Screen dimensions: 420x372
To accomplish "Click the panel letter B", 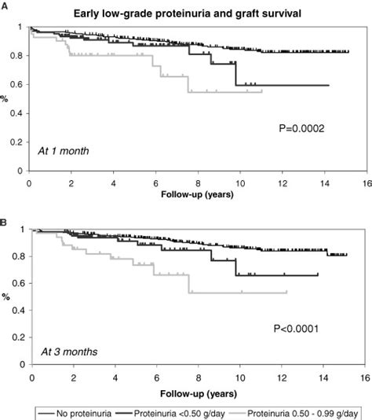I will point(5,213).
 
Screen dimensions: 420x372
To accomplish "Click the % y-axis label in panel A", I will point(6,99).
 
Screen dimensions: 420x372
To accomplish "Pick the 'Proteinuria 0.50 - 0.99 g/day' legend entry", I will point(297,411).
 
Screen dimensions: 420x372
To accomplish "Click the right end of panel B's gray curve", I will point(287,292).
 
